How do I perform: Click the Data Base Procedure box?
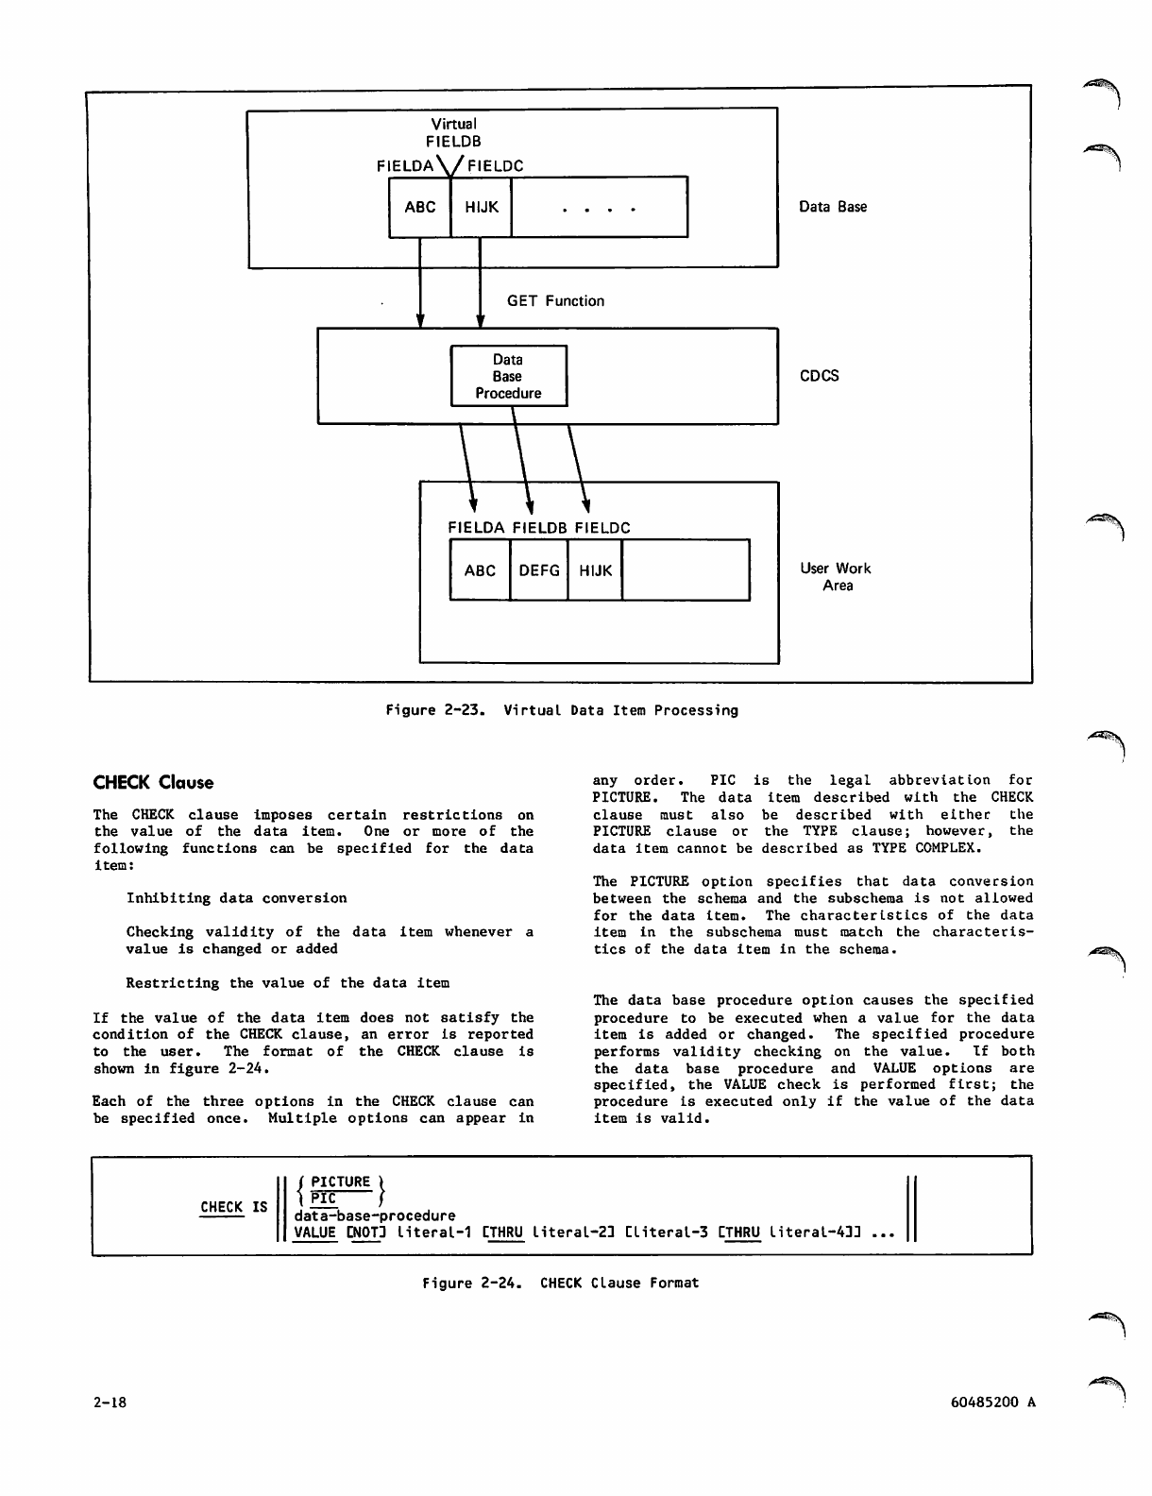coord(508,376)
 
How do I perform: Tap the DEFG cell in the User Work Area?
coord(539,570)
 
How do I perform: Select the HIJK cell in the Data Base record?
coord(482,207)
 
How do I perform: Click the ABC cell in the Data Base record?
coord(420,207)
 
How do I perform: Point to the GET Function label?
coord(555,301)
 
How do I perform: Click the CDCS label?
coord(819,376)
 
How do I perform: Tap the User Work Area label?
coord(836,577)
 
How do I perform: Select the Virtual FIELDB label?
coord(454,132)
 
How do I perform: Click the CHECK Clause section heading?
coord(153,783)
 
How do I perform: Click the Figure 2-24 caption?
coord(560,1283)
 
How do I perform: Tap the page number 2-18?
coord(110,1402)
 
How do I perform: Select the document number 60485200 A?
coord(992,1402)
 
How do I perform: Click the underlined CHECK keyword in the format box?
coord(222,1207)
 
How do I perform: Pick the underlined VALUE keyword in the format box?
coord(315,1232)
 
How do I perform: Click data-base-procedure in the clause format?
coord(375,1215)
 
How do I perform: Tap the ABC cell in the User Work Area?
coord(480,570)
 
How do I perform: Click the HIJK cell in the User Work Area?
coord(595,570)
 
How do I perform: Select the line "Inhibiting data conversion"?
coord(236,898)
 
